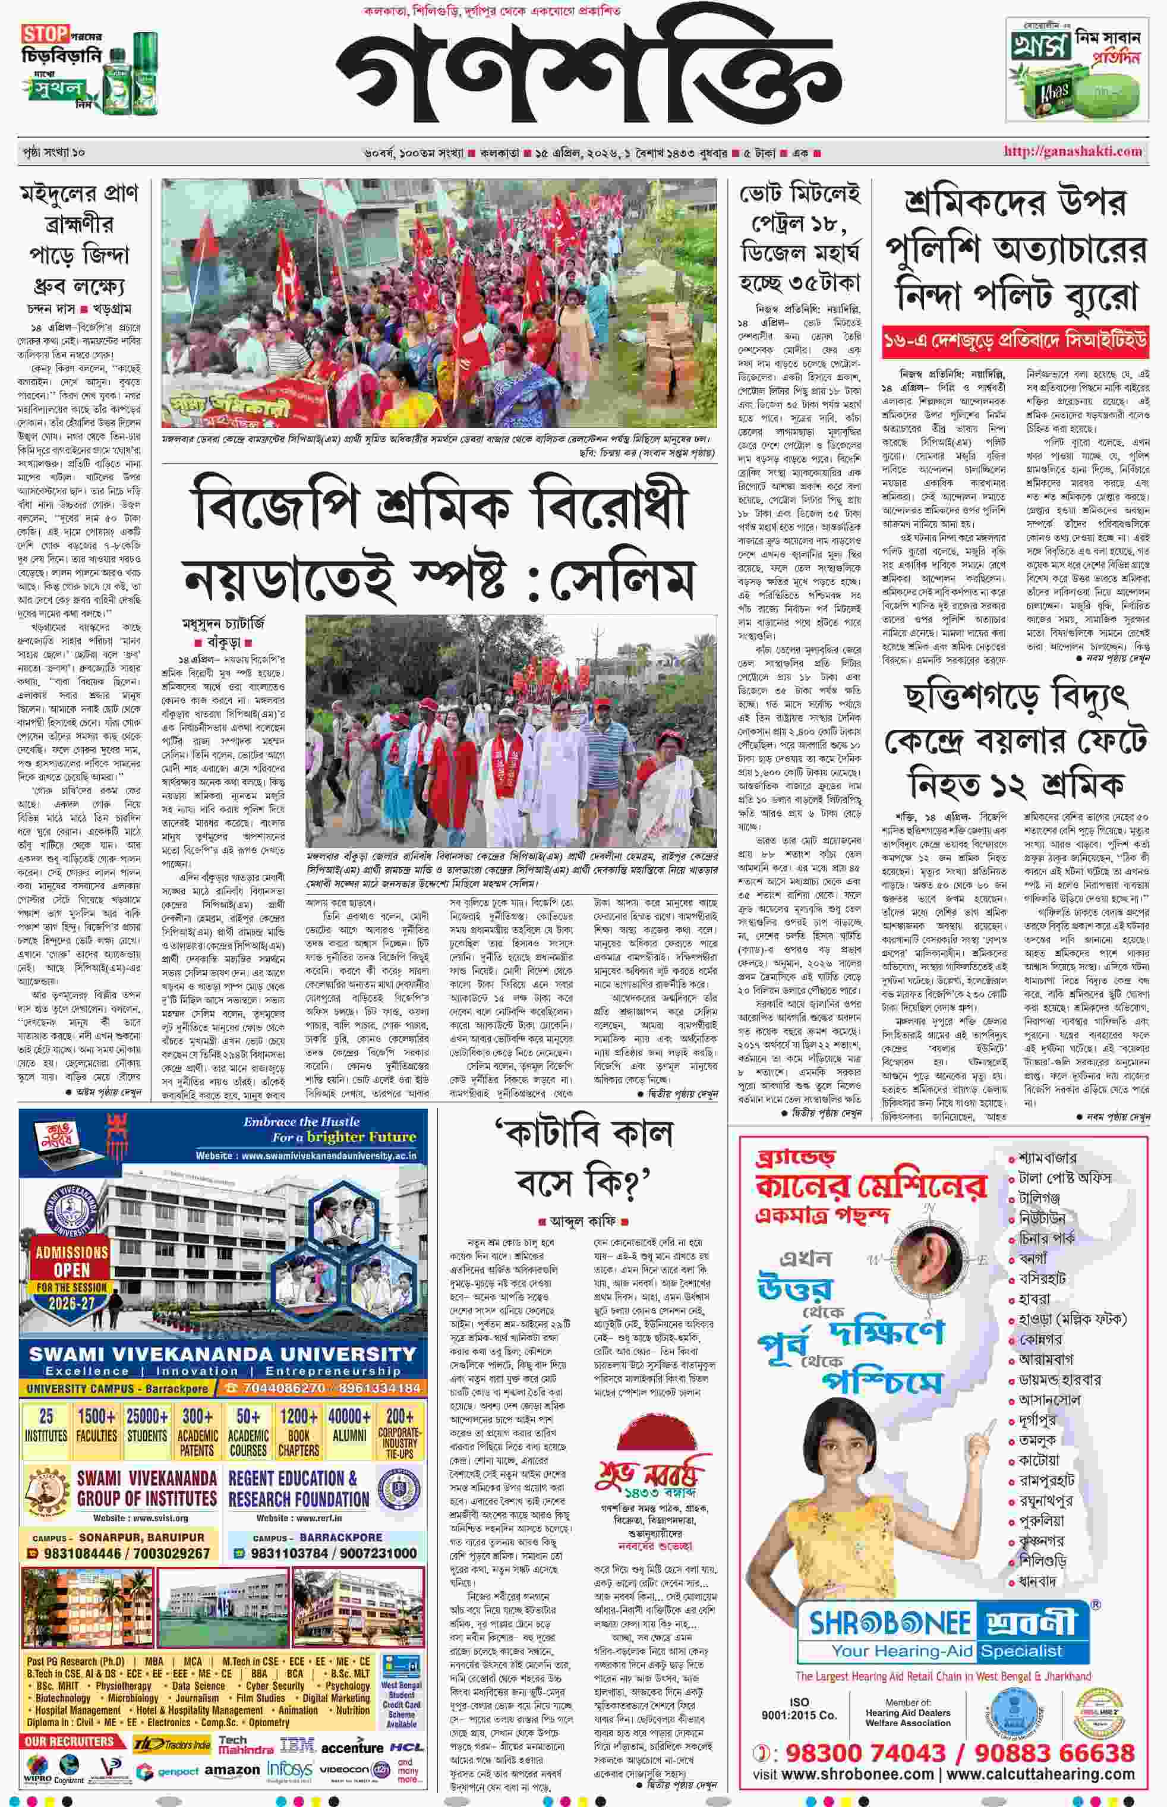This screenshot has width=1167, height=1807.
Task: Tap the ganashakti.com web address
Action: (x=1073, y=152)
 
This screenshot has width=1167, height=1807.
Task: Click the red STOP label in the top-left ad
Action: (x=46, y=34)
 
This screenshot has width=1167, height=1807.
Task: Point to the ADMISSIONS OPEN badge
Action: (x=72, y=1261)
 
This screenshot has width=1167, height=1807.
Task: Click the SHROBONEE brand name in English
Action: (x=890, y=1623)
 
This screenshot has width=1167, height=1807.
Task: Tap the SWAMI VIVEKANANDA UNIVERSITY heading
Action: (x=223, y=1353)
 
